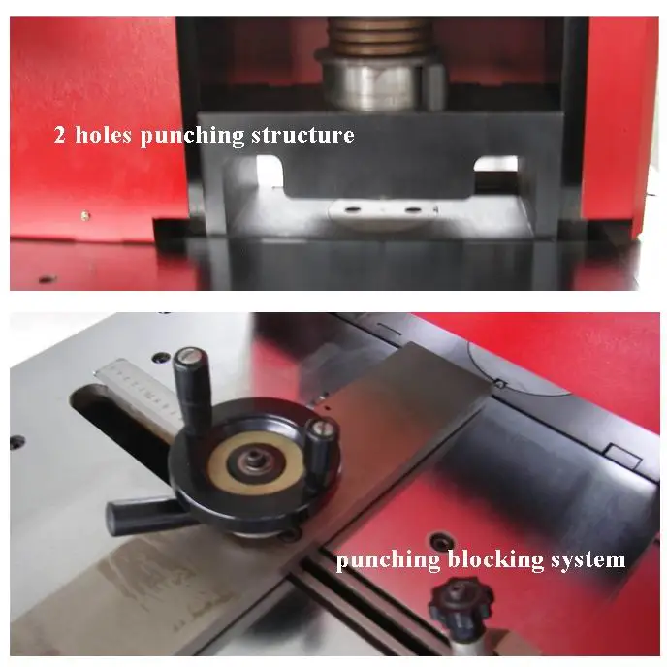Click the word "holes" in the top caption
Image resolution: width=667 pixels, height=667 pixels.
pos(104,135)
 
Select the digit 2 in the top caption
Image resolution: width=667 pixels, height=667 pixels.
pos(59,136)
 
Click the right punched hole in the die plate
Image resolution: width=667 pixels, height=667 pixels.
pos(412,208)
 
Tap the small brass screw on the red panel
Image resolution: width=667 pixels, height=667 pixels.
pos(85,214)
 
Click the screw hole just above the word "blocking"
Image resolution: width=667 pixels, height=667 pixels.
pos(440,538)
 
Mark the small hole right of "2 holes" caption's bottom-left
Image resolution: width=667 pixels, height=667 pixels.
pos(43,278)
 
